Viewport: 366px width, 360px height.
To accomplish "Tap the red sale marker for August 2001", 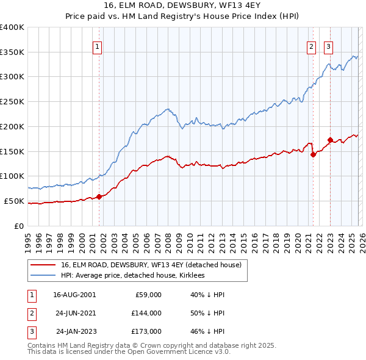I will click(99, 196).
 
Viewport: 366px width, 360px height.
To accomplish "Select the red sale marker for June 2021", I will click(313, 154).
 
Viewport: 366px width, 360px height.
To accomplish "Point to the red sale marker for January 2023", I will click(330, 140).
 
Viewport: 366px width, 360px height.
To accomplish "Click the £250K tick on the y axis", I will click(12, 102).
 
